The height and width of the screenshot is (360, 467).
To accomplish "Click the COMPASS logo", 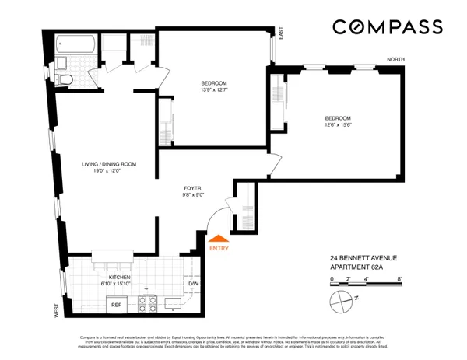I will pyautogui.click(x=388, y=27).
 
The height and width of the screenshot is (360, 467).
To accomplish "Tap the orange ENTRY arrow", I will pyautogui.click(x=219, y=239).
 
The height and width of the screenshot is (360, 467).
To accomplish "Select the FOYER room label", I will pyautogui.click(x=193, y=187).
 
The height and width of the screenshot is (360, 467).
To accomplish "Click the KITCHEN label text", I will pyautogui.click(x=119, y=277).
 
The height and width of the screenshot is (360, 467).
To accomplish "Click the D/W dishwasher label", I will pyautogui.click(x=193, y=284).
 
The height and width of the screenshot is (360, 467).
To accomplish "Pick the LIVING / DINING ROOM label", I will pyautogui.click(x=110, y=164).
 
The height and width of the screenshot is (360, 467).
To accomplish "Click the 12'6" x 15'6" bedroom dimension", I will pyautogui.click(x=338, y=126).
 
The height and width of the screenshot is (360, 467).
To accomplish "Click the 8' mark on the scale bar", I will pyautogui.click(x=399, y=278).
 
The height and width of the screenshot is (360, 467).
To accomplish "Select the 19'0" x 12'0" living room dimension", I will pyautogui.click(x=110, y=172).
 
